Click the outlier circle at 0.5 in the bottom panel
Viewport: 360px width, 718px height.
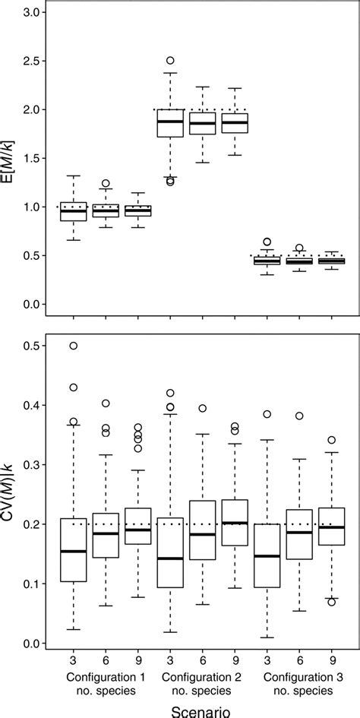pos(74,346)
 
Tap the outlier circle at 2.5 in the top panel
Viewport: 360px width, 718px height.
pos(170,60)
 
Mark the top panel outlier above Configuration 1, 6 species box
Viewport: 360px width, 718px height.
pos(106,183)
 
